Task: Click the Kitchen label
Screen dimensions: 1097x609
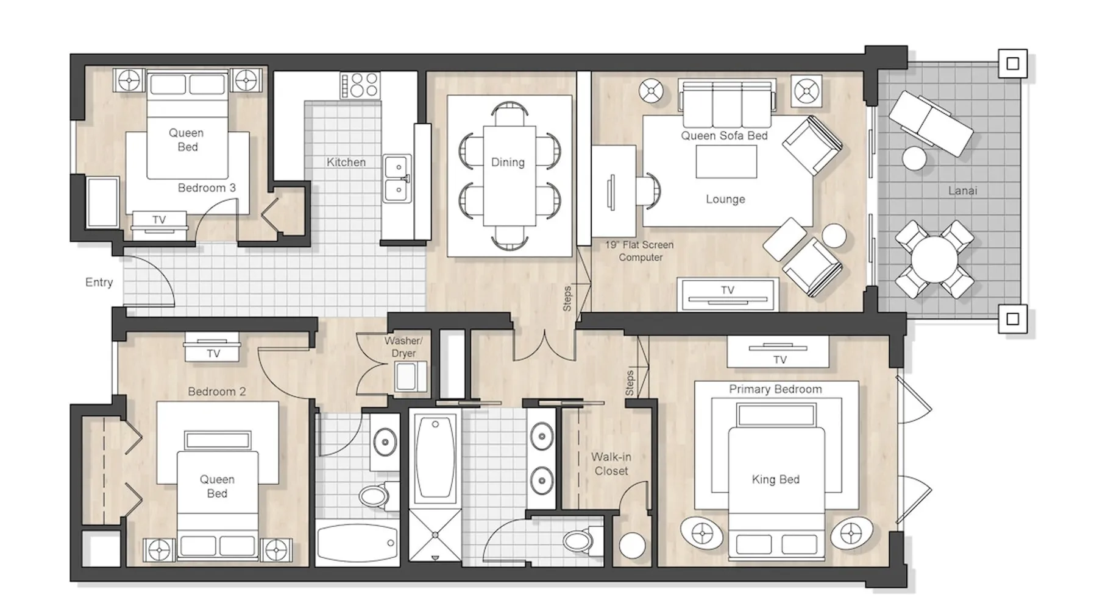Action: pos(346,162)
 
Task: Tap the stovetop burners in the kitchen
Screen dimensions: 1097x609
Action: pos(360,85)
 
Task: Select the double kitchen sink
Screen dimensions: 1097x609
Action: pos(397,178)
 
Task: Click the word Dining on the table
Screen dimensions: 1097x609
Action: pos(508,162)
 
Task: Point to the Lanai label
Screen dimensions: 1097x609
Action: pos(962,191)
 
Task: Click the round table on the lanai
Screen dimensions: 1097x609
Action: pos(934,259)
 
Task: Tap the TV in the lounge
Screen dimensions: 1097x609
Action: pos(728,294)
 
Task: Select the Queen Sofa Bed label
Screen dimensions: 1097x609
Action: pos(724,136)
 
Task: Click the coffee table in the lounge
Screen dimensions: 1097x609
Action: pos(726,161)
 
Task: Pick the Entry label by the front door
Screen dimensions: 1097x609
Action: pos(99,282)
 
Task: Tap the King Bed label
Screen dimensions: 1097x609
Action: pos(775,479)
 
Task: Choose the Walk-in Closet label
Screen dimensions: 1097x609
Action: pos(611,463)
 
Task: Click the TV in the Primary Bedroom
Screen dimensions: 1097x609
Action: pos(778,352)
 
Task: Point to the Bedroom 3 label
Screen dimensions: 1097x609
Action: pos(207,188)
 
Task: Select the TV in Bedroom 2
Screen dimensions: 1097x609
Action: pos(213,347)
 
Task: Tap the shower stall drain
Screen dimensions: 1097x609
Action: pos(435,535)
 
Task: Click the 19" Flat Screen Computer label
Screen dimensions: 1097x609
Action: pos(640,251)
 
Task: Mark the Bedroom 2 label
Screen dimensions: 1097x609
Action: pos(217,392)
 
